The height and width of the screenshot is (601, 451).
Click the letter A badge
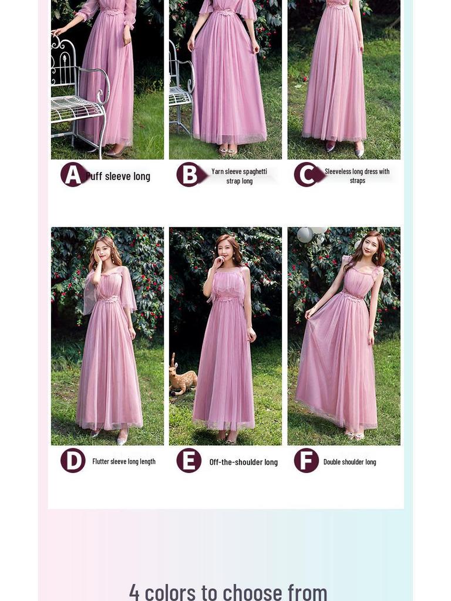(x=72, y=175)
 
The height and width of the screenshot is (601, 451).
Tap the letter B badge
(x=189, y=175)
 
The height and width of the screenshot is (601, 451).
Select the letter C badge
(x=306, y=175)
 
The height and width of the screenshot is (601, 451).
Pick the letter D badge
(x=73, y=461)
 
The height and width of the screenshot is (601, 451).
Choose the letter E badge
(x=189, y=461)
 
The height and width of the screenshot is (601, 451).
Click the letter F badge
(x=307, y=461)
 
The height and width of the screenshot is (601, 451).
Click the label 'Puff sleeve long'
(x=119, y=176)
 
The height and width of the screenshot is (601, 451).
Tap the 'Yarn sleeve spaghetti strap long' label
(x=240, y=176)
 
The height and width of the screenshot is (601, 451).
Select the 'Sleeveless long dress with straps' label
(x=357, y=176)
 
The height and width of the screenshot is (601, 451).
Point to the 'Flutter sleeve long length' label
(x=124, y=461)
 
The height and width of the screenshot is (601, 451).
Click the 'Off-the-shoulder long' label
(x=243, y=462)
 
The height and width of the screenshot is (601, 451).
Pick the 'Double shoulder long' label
(x=349, y=462)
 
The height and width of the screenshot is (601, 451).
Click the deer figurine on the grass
(x=182, y=379)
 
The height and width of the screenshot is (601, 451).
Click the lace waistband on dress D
(x=108, y=299)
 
